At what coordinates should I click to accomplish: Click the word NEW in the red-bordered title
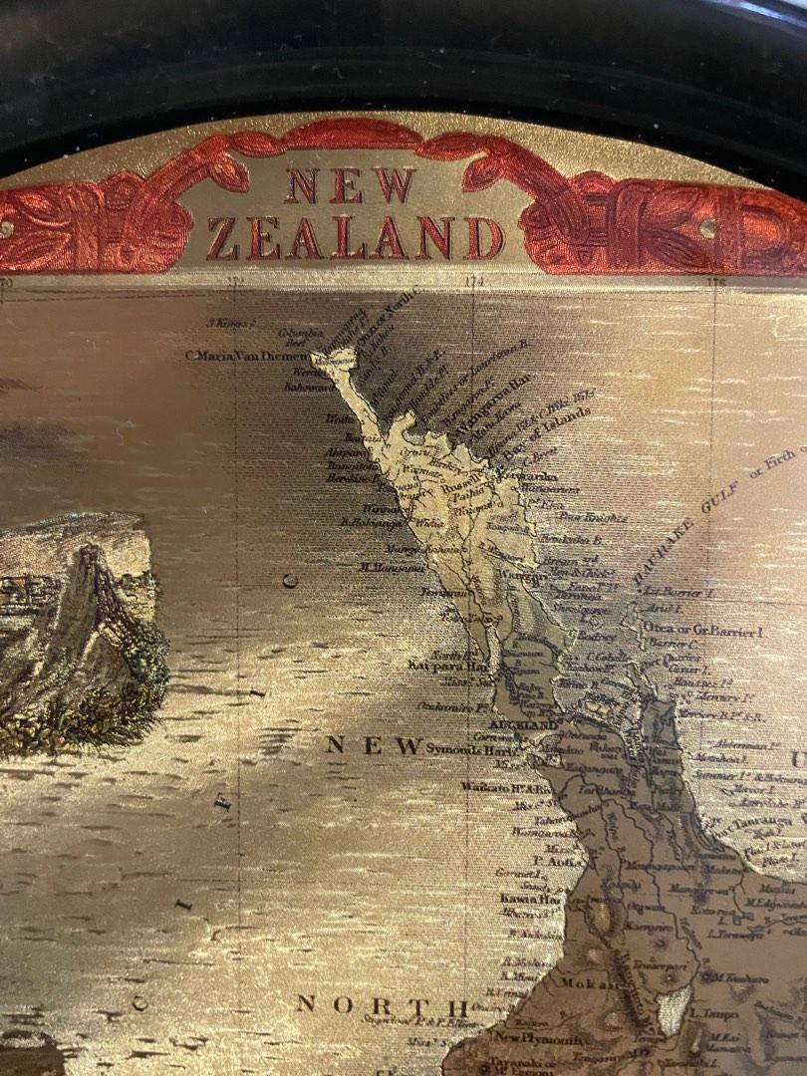(x=350, y=185)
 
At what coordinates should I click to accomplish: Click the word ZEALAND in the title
(x=355, y=239)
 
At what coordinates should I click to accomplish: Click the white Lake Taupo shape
(x=676, y=1009)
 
